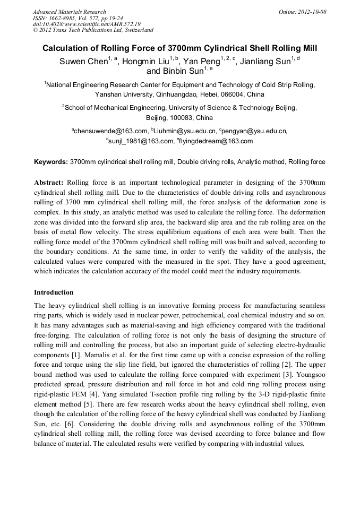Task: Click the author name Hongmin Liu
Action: pyautogui.click(x=145, y=62)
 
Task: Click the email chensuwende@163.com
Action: pyautogui.click(x=110, y=131)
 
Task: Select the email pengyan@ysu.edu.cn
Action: pyautogui.click(x=255, y=131)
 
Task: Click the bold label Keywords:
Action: pyautogui.click(x=51, y=161)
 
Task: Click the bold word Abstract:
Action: pyautogui.click(x=49, y=182)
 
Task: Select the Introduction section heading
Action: pyautogui.click(x=54, y=292)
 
